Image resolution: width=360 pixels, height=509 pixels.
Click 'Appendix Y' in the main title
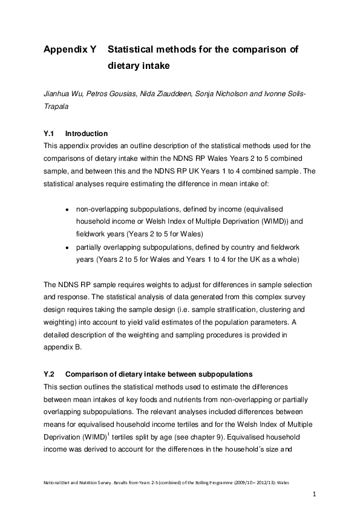pos(70,49)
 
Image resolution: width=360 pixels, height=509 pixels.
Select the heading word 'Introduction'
pos(86,134)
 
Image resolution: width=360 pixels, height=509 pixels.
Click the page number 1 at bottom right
pos(315,494)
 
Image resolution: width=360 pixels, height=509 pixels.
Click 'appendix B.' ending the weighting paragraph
pos(64,347)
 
